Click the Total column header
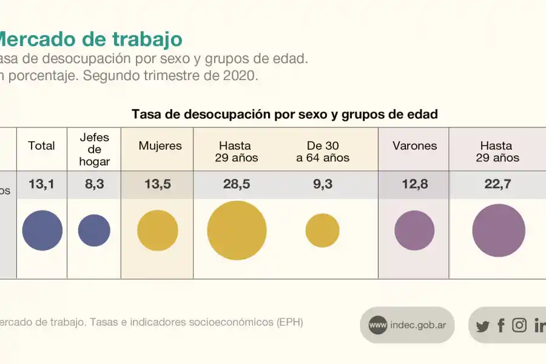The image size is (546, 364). [41, 146]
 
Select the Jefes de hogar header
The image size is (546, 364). [94, 149]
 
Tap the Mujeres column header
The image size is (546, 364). [160, 146]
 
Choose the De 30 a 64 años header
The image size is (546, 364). [323, 152]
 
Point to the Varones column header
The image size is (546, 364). [414, 146]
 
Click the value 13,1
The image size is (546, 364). [41, 184]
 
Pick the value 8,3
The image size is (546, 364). [94, 184]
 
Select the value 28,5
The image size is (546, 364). [237, 184]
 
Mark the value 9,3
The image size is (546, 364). [323, 184]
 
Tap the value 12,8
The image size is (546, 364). [414, 184]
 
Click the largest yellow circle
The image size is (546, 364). [237, 231]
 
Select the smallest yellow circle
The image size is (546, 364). [322, 231]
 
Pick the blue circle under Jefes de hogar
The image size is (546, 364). [94, 231]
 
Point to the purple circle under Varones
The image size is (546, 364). [414, 231]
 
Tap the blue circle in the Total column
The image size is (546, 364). [42, 231]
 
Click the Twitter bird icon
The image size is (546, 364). [482, 326]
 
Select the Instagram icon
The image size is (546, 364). [519, 325]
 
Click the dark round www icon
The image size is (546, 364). [377, 325]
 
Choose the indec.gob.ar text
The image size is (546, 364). [418, 325]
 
